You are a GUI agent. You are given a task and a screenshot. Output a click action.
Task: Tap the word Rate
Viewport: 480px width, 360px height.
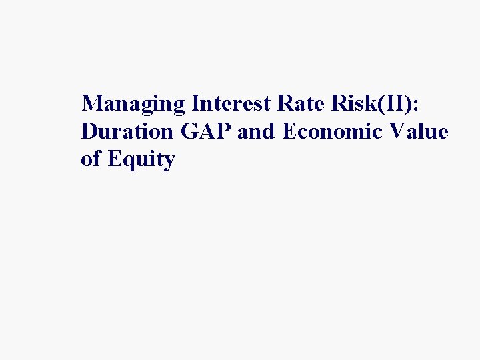293,104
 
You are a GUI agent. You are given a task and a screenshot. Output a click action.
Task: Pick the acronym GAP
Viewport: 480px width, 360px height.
207,132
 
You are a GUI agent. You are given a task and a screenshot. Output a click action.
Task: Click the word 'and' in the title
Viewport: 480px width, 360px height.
257,132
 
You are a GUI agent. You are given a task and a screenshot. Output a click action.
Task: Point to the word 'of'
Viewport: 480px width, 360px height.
89,160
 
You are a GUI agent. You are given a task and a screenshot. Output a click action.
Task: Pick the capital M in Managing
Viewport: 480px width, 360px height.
92,104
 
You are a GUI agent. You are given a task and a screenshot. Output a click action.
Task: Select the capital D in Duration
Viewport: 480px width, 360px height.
89,132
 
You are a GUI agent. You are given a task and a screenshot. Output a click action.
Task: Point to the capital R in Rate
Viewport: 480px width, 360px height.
277,104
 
